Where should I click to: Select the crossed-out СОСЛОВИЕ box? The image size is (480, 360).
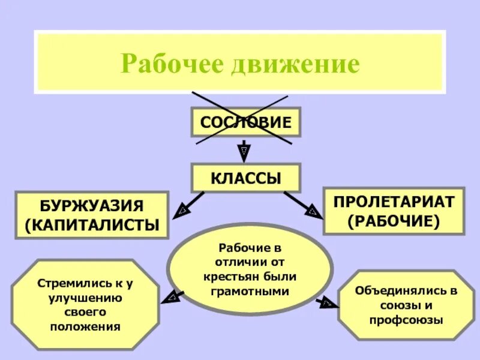click(245, 122)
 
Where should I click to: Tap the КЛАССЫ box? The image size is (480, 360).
click(245, 178)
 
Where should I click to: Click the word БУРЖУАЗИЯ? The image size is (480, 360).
click(92, 206)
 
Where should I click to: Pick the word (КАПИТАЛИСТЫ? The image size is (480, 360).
click(92, 226)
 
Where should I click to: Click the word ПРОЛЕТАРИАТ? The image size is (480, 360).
click(394, 202)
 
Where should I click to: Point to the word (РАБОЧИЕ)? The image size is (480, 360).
click(394, 221)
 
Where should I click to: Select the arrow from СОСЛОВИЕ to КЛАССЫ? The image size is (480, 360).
click(244, 150)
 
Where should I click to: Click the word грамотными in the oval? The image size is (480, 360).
click(250, 291)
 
